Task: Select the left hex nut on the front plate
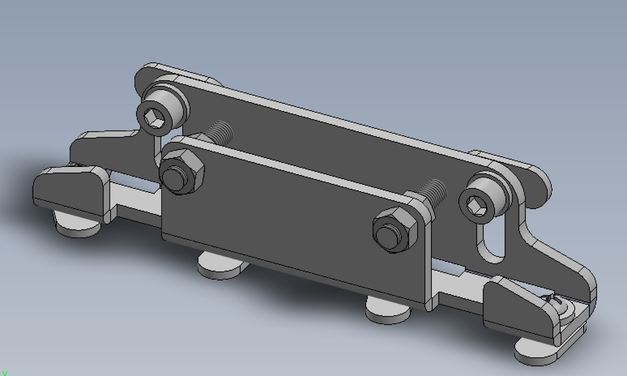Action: [x=192, y=162]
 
